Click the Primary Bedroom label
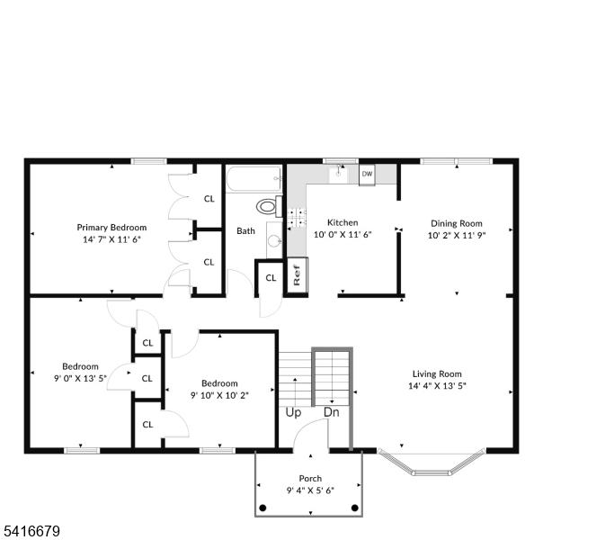point(111,228)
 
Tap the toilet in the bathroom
point(269,206)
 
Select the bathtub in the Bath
point(254,179)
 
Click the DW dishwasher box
point(367,174)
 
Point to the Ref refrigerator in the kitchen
point(298,274)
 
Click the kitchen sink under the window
point(338,174)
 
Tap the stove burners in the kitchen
point(297,218)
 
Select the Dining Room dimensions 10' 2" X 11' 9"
point(457,235)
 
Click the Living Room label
point(437,374)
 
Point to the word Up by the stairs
point(293,413)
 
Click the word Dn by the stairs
point(332,412)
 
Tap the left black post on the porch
point(263,508)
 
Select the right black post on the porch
point(355,508)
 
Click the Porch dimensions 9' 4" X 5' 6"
point(310,490)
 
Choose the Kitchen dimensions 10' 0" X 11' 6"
point(343,235)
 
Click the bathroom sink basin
point(274,240)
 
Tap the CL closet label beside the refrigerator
point(271,278)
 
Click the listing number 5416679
point(32,531)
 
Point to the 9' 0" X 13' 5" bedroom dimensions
point(80,378)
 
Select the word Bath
point(246,231)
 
